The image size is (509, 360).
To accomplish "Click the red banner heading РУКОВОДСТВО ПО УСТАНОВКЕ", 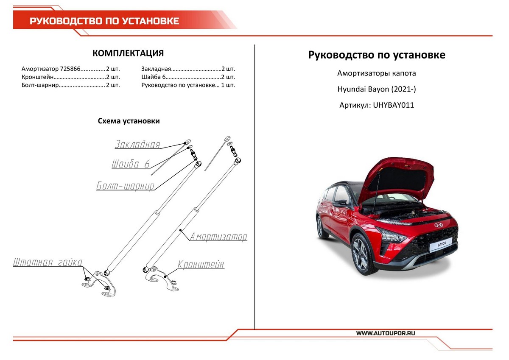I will pyautogui.click(x=104, y=21).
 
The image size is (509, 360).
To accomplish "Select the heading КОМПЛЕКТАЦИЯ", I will pyautogui.click(x=128, y=53).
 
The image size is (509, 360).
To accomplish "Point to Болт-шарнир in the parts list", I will pyautogui.click(x=39, y=85).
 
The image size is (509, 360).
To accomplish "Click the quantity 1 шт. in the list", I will pyautogui.click(x=228, y=85).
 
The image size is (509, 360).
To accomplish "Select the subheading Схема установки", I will pyautogui.click(x=129, y=121).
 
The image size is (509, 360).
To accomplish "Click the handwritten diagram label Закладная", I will pyautogui.click(x=137, y=145).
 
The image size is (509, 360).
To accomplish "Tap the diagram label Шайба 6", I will pyautogui.click(x=131, y=164).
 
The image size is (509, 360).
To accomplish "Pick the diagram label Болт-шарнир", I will pyautogui.click(x=125, y=186).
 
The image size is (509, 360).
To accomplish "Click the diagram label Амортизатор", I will pyautogui.click(x=218, y=237).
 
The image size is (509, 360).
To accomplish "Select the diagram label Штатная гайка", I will pyautogui.click(x=48, y=262).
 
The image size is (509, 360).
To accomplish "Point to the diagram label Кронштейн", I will pyautogui.click(x=201, y=265).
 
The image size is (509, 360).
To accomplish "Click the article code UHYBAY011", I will pyautogui.click(x=393, y=105).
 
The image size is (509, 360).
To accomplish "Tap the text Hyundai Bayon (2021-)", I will pyautogui.click(x=376, y=89).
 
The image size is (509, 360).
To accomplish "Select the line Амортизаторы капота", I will pyautogui.click(x=376, y=73).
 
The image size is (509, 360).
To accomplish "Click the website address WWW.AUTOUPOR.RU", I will pyautogui.click(x=386, y=333).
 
